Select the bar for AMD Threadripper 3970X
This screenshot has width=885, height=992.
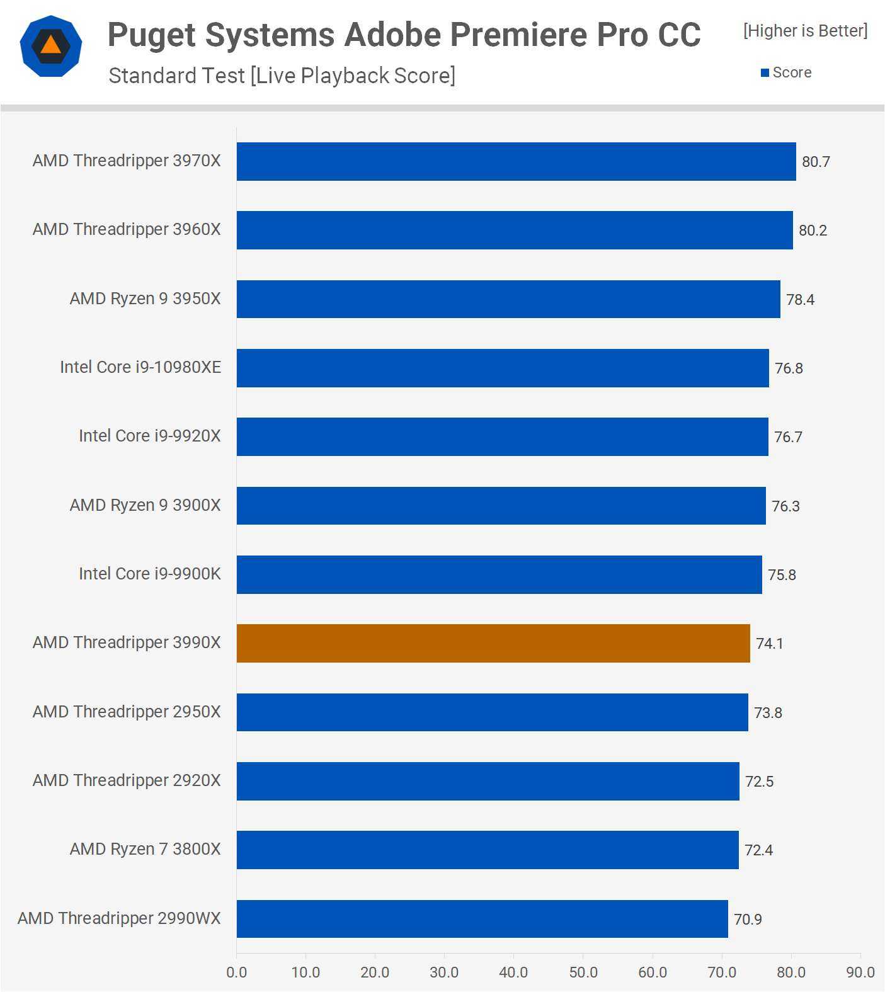(516, 161)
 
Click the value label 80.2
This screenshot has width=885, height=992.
(813, 231)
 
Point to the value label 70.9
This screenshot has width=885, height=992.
(748, 920)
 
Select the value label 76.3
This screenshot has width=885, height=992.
(785, 506)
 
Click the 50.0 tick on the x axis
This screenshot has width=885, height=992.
(583, 972)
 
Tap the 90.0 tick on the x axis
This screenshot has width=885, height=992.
(860, 972)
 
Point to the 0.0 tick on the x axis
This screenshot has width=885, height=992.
(236, 972)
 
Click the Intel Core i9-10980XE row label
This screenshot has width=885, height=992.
(140, 367)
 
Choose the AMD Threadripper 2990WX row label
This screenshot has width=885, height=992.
(119, 918)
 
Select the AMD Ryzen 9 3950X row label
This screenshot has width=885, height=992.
(145, 299)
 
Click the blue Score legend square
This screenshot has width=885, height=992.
(765, 73)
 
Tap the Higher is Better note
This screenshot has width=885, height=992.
(805, 31)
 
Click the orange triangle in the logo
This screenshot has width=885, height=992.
(50, 45)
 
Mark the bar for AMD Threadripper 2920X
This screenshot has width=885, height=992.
(488, 781)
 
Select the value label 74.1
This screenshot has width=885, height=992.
(769, 644)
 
